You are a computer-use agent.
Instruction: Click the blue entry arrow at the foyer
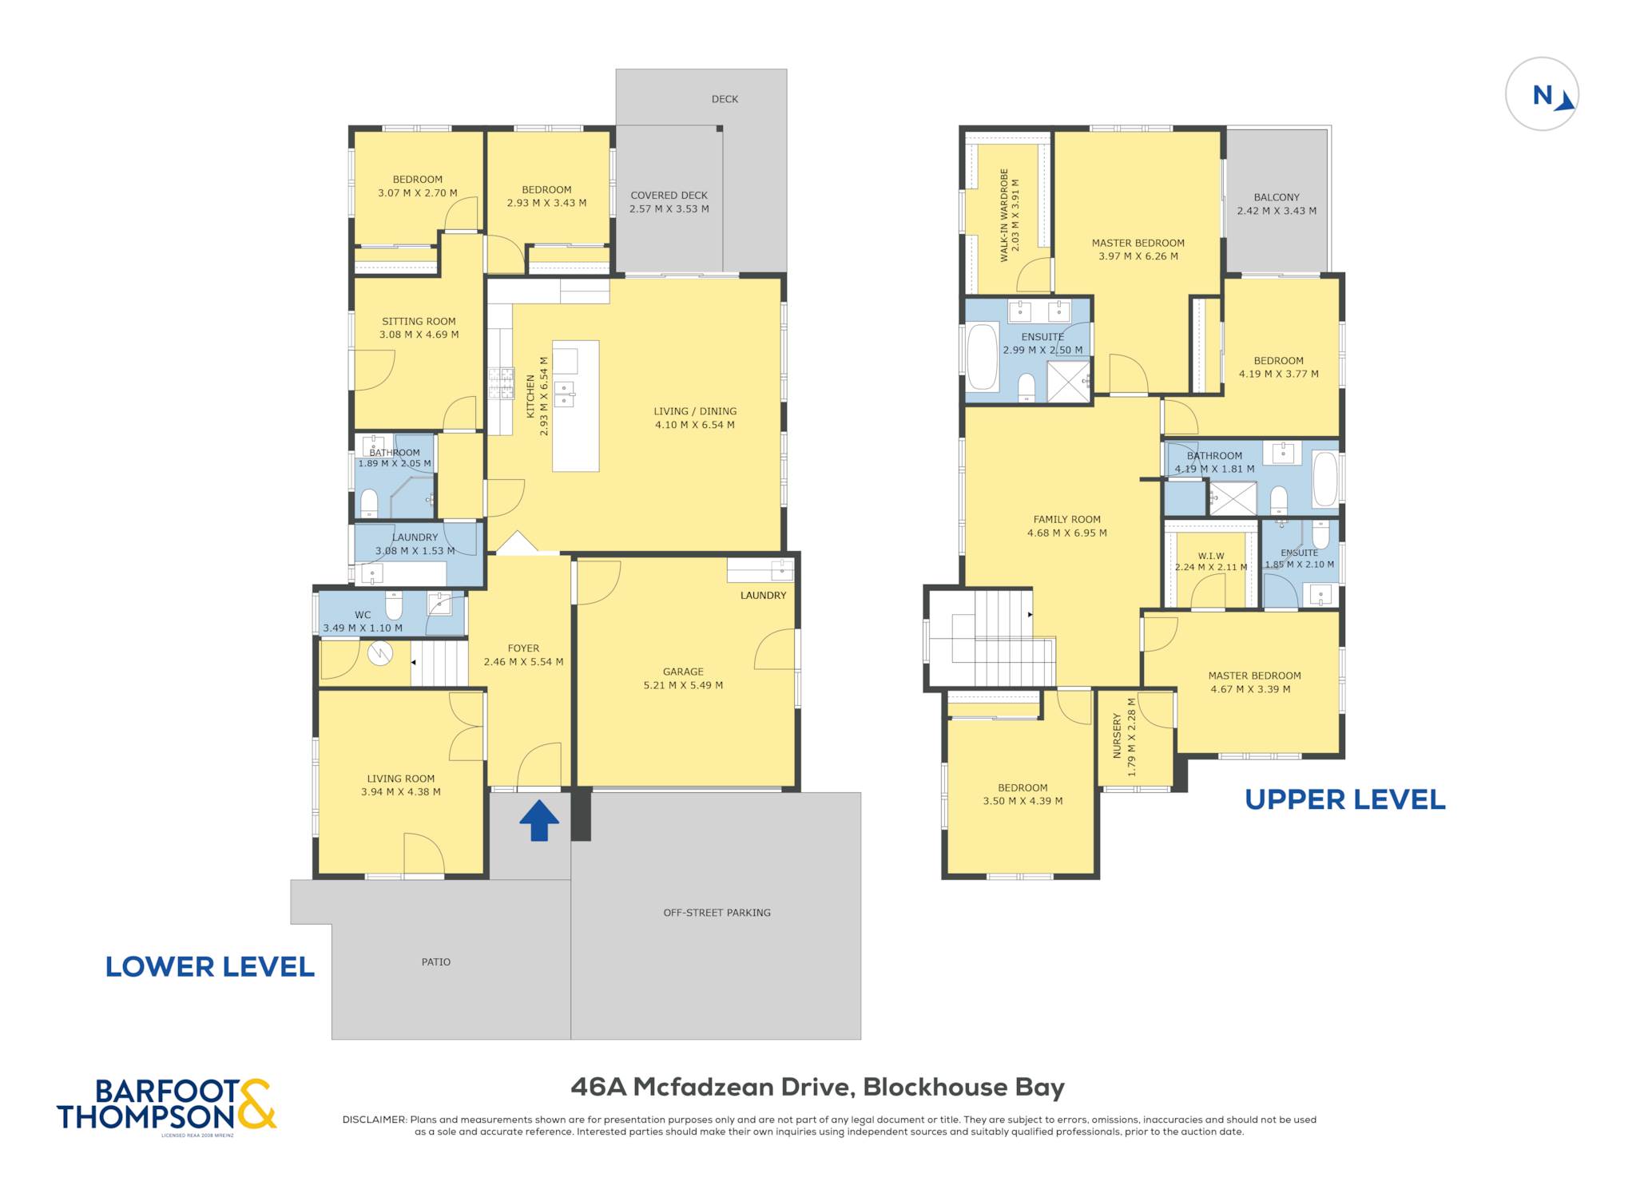[539, 820]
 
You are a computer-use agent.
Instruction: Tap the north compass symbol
[1542, 94]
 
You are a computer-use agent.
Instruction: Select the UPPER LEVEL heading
[1345, 799]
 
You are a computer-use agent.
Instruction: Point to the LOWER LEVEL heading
[210, 967]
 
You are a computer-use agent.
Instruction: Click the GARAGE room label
[683, 672]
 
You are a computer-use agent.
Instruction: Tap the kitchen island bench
[575, 406]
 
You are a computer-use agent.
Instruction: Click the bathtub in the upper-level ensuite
[983, 357]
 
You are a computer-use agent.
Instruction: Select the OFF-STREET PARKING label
[717, 913]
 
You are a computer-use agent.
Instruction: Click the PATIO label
[436, 962]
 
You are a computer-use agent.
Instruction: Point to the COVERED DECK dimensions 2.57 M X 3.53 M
[669, 209]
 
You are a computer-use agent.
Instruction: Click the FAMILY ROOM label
[1066, 519]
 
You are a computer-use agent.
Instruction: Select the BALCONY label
[1277, 197]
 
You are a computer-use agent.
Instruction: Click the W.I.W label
[1211, 557]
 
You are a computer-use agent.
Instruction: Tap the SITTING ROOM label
[419, 321]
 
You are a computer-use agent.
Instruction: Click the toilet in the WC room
[394, 606]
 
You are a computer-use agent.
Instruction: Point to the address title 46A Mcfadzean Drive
[713, 1088]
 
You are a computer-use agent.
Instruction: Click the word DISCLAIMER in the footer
[375, 1120]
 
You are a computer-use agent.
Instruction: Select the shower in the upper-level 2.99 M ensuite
[1069, 382]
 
